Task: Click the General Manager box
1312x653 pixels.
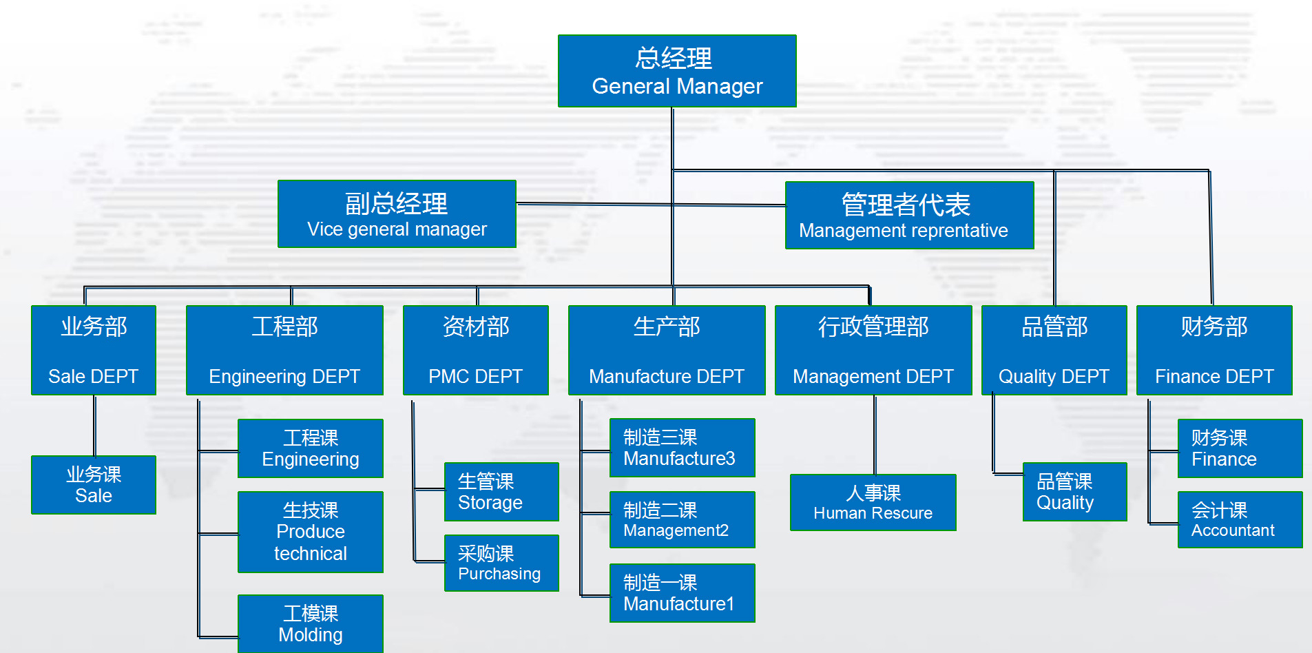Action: pos(677,71)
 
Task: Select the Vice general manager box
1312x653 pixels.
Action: pos(397,214)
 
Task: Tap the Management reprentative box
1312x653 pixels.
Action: pos(909,215)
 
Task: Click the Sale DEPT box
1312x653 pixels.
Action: pos(94,350)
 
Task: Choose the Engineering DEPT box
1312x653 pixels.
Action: pos(284,350)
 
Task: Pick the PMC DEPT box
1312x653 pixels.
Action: pos(476,350)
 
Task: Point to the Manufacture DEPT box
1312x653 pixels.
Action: pos(667,350)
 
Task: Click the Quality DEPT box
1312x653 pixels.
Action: pos(1054,350)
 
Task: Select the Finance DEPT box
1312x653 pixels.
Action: pos(1214,350)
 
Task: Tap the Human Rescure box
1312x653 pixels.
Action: pos(873,502)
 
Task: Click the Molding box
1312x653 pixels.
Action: pos(311,623)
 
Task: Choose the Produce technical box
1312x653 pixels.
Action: pos(311,532)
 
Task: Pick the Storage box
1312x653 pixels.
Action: pos(501,492)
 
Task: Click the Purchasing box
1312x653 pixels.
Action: pos(501,563)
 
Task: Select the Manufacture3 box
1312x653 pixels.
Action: pos(683,448)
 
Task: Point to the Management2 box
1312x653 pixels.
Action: pos(683,519)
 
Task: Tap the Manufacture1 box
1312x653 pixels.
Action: pos(683,593)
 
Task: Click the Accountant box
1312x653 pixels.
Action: pos(1240,519)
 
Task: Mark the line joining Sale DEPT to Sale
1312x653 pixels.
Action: pos(94,426)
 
